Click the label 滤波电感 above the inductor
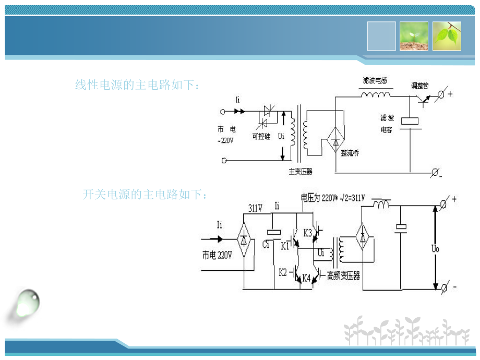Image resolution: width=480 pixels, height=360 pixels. click(x=378, y=81)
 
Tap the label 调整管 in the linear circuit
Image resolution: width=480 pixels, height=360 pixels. click(x=419, y=85)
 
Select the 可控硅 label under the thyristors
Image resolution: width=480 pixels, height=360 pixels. click(x=261, y=136)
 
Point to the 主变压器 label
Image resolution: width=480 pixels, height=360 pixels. click(x=301, y=171)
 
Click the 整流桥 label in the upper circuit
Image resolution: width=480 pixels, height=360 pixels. click(x=350, y=153)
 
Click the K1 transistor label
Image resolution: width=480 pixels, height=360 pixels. click(x=285, y=245)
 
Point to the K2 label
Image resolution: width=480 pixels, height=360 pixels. click(x=283, y=271)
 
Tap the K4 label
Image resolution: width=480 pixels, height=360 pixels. click(x=306, y=279)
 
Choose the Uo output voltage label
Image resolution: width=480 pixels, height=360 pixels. click(x=435, y=249)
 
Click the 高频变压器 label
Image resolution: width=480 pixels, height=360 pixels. click(x=343, y=275)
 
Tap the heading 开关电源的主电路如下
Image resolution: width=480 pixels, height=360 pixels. click(x=146, y=195)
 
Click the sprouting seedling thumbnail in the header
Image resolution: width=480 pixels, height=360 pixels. click(x=414, y=36)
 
